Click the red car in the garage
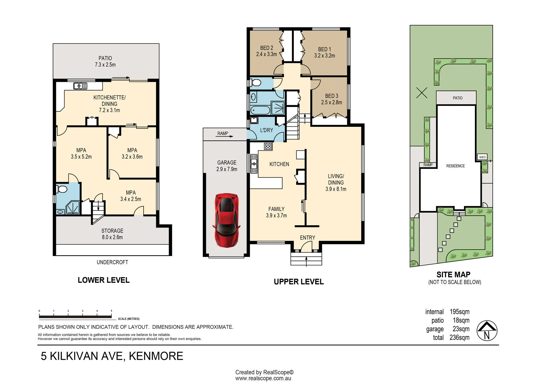(226, 220)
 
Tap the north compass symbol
(487, 331)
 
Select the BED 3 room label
(332, 99)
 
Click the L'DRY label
(267, 130)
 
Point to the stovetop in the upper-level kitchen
(268, 146)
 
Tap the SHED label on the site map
(482, 157)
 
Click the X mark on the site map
(422, 93)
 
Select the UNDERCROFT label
(112, 262)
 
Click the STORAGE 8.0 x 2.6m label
(112, 234)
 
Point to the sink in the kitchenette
(80, 86)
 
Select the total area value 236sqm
(460, 338)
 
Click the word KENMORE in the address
(156, 356)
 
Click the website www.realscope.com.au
(263, 378)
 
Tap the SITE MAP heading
(453, 274)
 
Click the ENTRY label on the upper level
(307, 238)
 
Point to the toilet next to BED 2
(255, 83)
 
